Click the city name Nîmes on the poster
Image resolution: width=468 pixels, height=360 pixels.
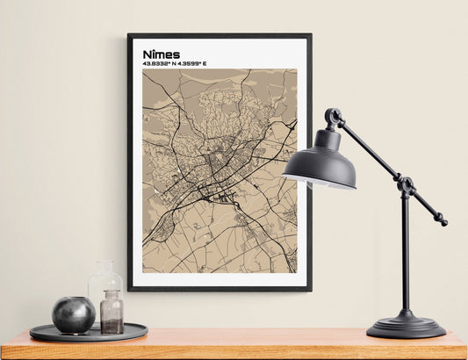click(x=162, y=54)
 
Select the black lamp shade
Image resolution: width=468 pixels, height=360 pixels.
click(x=320, y=162)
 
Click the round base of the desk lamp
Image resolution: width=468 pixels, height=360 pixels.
click(x=406, y=327)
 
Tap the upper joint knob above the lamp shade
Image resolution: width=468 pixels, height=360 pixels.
click(x=333, y=116)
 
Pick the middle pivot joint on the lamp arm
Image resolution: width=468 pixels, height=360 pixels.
click(x=405, y=185)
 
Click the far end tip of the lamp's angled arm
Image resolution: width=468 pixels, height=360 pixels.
click(x=443, y=222)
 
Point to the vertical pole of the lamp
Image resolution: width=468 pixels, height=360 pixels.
click(x=405, y=255)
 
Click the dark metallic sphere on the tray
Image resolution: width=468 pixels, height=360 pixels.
click(x=74, y=314)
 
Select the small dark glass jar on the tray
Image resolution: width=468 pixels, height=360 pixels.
click(x=112, y=313)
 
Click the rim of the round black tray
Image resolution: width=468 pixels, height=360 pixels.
click(x=88, y=337)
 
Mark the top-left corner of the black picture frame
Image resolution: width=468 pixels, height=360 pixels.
click(x=129, y=35)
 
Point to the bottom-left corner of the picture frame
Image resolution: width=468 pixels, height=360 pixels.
click(x=129, y=289)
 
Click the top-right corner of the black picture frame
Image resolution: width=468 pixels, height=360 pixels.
click(x=310, y=35)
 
